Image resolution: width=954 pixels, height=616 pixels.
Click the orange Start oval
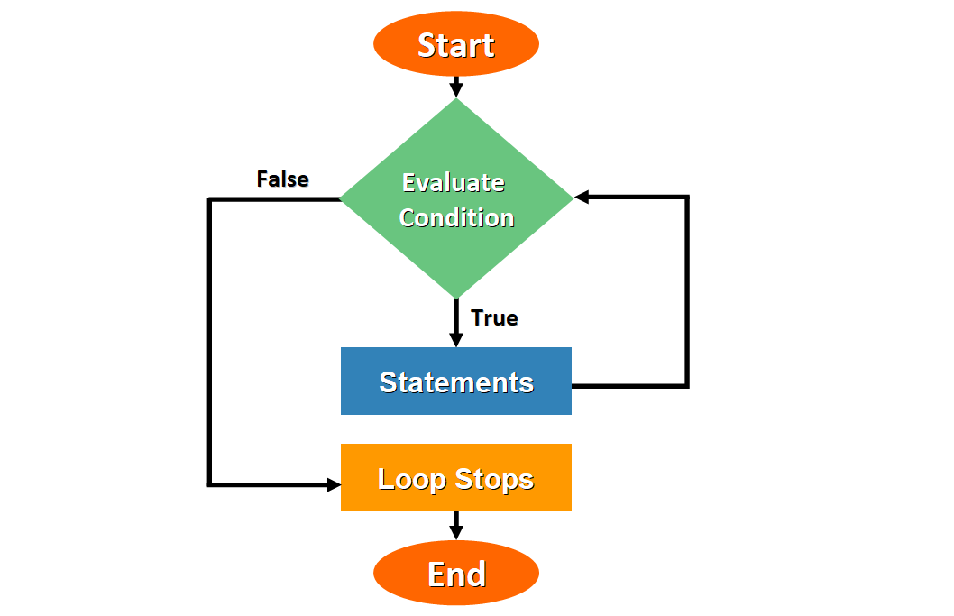click(455, 44)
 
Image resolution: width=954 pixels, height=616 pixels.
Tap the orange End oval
click(455, 574)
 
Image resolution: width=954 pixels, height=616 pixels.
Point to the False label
click(282, 179)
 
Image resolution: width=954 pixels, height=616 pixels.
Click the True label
click(494, 318)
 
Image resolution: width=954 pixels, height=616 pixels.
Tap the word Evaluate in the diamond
click(453, 182)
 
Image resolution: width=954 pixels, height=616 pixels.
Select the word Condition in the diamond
click(456, 217)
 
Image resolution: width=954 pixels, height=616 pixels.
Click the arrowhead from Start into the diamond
click(456, 90)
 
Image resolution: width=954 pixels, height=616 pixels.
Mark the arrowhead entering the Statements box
click(456, 340)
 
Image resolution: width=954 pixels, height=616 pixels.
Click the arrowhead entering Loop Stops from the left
click(333, 484)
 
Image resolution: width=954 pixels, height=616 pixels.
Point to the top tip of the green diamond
click(456, 101)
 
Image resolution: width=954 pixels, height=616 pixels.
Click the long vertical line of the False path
click(210, 343)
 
